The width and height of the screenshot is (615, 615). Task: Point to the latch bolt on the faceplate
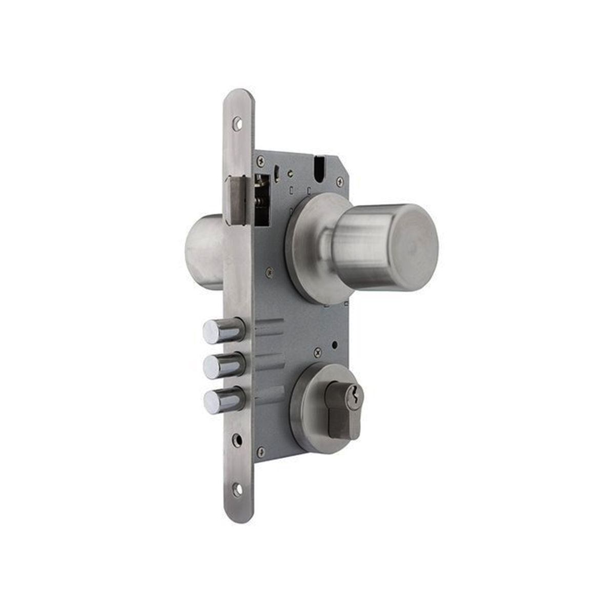pyautogui.click(x=237, y=200)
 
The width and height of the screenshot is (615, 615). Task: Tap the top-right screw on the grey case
pyautogui.click(x=340, y=181)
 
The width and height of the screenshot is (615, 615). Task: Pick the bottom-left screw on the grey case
pyautogui.click(x=261, y=451)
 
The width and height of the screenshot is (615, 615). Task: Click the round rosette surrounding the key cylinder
pyautogui.click(x=308, y=410)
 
